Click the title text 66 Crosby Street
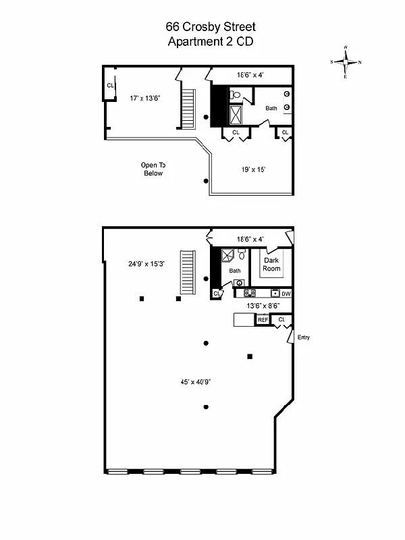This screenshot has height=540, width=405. [211, 27]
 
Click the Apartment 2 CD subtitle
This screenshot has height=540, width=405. [211, 41]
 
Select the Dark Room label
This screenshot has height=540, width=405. [272, 264]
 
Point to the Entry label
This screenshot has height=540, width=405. [304, 337]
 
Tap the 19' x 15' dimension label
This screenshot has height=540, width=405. [253, 169]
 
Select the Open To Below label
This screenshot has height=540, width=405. [153, 169]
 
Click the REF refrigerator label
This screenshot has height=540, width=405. [263, 320]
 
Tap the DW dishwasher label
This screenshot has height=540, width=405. [286, 294]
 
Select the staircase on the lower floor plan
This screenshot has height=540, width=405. [187, 271]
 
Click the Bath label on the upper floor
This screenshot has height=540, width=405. [271, 108]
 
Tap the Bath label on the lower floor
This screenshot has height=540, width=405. [234, 271]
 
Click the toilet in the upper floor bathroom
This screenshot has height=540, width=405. [236, 94]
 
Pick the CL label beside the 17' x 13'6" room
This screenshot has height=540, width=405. [110, 85]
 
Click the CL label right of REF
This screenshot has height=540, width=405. [281, 319]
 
